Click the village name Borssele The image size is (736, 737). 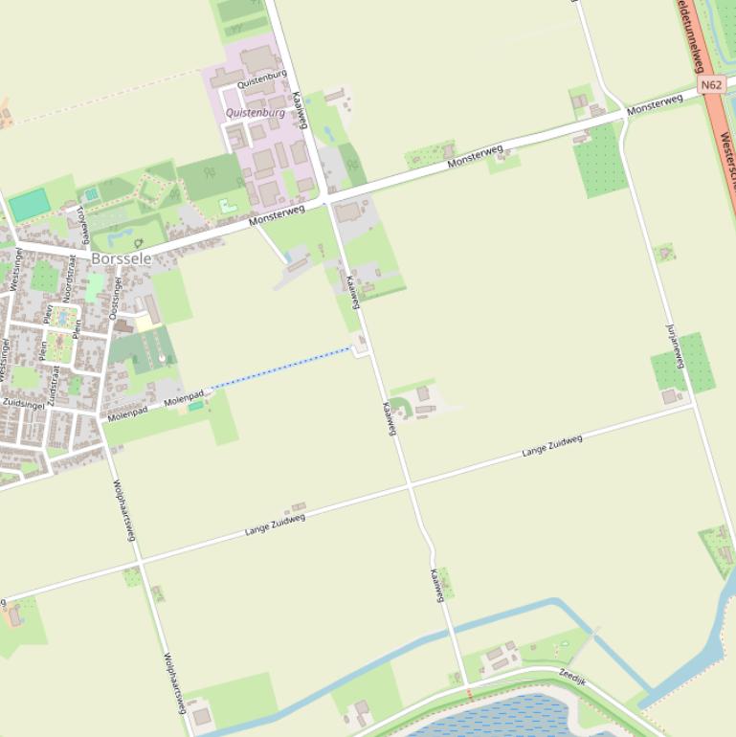pyautogui.click(x=122, y=258)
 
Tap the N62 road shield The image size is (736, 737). pyautogui.click(x=711, y=85)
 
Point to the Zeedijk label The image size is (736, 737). pyautogui.click(x=571, y=675)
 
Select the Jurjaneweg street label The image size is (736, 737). pyautogui.click(x=675, y=346)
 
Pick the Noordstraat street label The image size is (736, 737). pyautogui.click(x=70, y=277)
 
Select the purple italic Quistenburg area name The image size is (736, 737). pyautogui.click(x=256, y=113)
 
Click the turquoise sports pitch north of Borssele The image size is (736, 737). pyautogui.click(x=30, y=204)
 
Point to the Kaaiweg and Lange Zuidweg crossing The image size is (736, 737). pyautogui.click(x=412, y=487)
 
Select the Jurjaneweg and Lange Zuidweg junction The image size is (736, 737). pyautogui.click(x=694, y=404)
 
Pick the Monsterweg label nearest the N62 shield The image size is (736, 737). pyautogui.click(x=655, y=105)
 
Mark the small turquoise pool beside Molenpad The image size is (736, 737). pyautogui.click(x=195, y=406)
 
